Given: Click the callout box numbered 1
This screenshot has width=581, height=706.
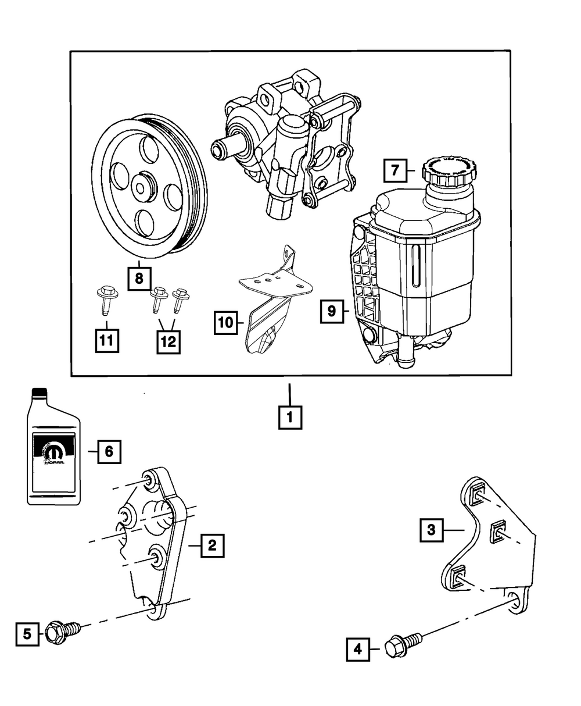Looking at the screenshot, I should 290,416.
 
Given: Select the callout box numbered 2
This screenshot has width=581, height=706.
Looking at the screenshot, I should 212,545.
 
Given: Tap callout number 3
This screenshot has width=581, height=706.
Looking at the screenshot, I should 431,529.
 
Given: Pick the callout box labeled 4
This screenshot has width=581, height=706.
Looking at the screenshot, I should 358,649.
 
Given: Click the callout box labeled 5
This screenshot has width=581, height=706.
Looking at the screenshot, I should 27,633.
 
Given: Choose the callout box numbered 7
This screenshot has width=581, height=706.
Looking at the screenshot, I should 394,171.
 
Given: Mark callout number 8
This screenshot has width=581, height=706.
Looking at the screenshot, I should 139,279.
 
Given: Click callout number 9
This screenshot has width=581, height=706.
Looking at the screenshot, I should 331,311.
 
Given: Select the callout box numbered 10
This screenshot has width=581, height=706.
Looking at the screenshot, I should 225,322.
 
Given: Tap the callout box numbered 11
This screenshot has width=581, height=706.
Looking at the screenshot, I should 106,341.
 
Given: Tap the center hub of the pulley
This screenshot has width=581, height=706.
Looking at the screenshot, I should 141,187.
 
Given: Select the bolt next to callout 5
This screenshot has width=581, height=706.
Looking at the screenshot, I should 62,630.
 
